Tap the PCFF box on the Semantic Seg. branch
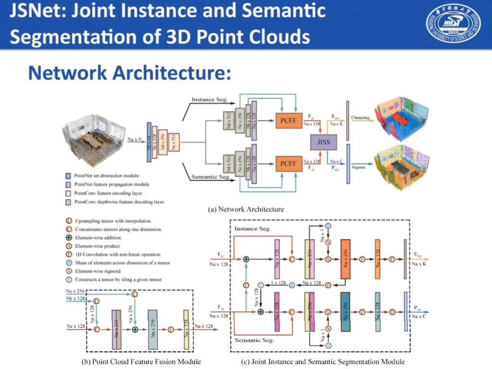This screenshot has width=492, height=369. [x=289, y=164]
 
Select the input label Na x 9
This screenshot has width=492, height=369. [x=135, y=139]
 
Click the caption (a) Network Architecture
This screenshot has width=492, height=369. [x=246, y=209]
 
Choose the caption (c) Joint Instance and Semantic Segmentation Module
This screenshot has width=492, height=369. [x=322, y=361]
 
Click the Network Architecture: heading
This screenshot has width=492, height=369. [x=130, y=73]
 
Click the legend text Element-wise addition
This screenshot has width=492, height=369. [x=98, y=237]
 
